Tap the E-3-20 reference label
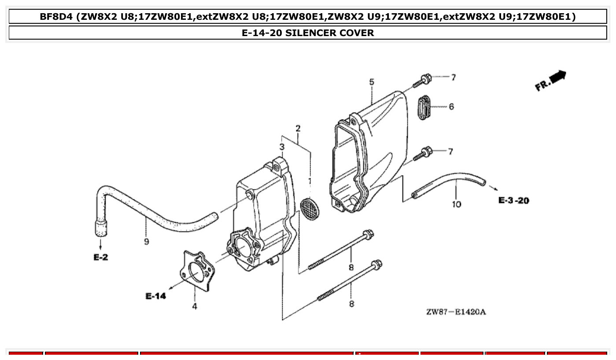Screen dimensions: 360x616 [x=513, y=201]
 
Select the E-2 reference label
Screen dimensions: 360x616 [x=101, y=257]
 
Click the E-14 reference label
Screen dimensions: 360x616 [x=156, y=296]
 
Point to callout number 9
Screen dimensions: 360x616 [x=146, y=241]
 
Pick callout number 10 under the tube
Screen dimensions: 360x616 [x=457, y=204]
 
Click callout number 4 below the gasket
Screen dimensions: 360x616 [x=195, y=306]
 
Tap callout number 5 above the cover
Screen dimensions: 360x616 [x=372, y=82]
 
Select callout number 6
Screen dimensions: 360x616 [x=451, y=107]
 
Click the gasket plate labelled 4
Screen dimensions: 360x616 [x=197, y=270]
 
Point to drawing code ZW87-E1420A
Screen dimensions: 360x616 [x=456, y=312]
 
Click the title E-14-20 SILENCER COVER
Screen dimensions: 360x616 [x=308, y=33]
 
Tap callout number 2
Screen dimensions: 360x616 [x=298, y=129]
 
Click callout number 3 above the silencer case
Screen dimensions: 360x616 [x=282, y=147]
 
